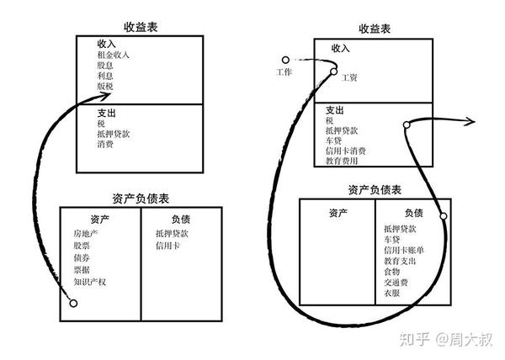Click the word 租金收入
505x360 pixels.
coord(114,56)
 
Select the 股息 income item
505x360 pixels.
coord(104,66)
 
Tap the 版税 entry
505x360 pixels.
coord(104,86)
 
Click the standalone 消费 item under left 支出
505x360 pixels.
coord(104,144)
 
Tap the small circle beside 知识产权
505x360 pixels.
coord(73,302)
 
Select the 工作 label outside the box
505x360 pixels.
coord(284,73)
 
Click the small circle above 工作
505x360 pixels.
coord(286,60)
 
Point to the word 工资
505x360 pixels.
coord(349,77)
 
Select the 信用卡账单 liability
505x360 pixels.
coord(402,250)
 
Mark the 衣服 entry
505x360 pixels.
coord(391,294)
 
